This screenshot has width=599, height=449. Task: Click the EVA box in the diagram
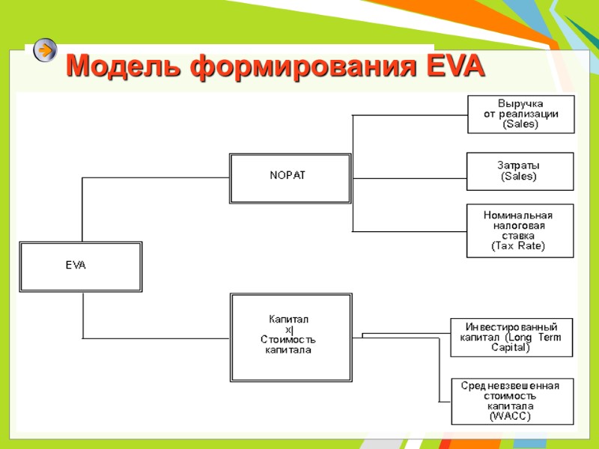81,266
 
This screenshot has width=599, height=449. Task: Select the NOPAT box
290,178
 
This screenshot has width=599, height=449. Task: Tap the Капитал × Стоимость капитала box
291,337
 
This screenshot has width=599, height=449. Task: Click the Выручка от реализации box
521,114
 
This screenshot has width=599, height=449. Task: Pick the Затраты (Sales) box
519,171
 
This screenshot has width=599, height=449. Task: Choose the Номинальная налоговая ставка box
519,230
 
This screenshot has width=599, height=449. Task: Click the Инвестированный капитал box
511,337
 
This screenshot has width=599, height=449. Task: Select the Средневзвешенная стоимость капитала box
510,400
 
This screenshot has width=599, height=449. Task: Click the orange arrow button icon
45,50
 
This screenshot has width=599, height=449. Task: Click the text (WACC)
510,416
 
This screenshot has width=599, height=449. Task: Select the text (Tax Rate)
519,245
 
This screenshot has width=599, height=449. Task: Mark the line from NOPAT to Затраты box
408,178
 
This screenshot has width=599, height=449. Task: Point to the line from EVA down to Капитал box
82,314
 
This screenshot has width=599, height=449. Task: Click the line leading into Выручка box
408,115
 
